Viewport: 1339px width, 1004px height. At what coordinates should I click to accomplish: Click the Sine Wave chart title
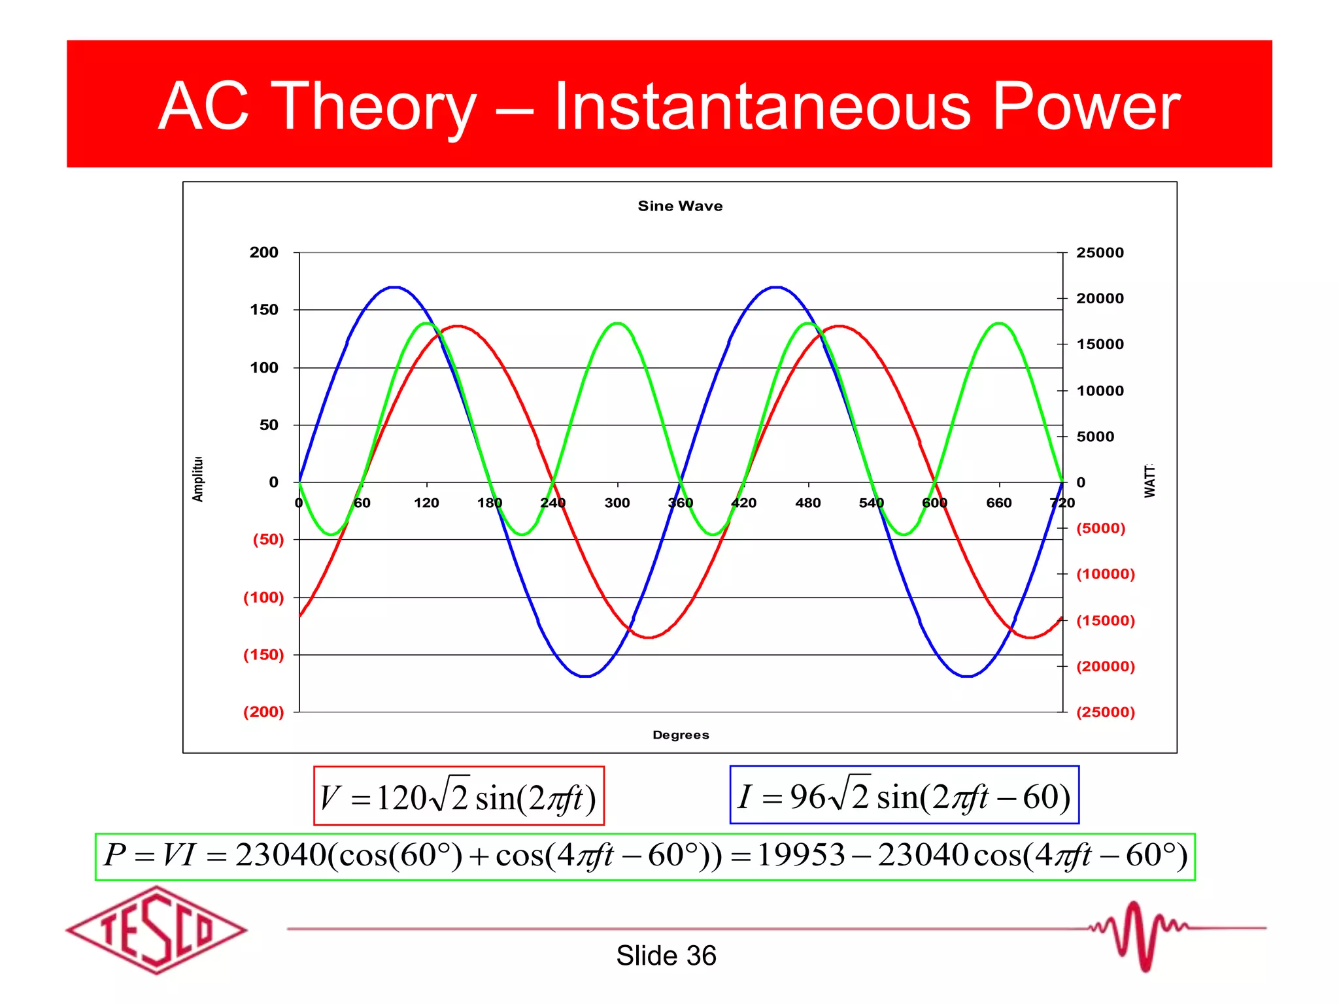(x=680, y=206)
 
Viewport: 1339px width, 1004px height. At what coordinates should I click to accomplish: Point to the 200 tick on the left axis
(x=263, y=252)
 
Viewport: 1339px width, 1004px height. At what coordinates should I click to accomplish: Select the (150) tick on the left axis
(x=263, y=654)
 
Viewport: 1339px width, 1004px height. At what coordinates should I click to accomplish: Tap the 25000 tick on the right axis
(x=1100, y=252)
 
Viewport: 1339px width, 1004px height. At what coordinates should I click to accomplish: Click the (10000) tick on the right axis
(x=1105, y=574)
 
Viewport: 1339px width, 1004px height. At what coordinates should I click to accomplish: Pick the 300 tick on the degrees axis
(x=617, y=503)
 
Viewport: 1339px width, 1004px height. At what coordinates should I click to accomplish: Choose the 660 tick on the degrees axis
(x=998, y=503)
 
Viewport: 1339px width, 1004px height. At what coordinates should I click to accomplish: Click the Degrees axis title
(x=680, y=735)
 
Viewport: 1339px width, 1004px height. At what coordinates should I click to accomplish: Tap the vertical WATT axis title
(x=1149, y=481)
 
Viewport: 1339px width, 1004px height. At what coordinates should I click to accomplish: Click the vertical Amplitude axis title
(x=197, y=479)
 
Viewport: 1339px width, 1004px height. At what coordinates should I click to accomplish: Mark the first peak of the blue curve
(x=394, y=287)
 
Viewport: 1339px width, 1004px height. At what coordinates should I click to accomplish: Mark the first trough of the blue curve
(x=585, y=677)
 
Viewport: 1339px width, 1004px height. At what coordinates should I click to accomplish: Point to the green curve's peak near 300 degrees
(x=617, y=323)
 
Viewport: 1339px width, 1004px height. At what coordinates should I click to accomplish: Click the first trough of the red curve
(x=648, y=637)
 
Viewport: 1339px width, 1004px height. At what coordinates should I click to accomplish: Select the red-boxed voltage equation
(x=458, y=796)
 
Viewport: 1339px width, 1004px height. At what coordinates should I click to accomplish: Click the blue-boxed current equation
(x=904, y=795)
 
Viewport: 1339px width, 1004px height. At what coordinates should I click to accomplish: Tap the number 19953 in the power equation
(x=800, y=856)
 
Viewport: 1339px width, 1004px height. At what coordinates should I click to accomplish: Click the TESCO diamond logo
(x=156, y=930)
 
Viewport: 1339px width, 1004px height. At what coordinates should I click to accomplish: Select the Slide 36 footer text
(x=666, y=956)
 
